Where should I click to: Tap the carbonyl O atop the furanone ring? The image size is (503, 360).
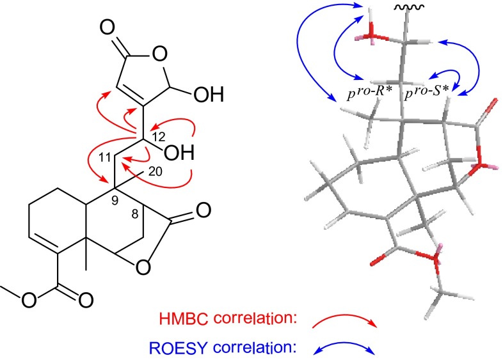click(x=107, y=31)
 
